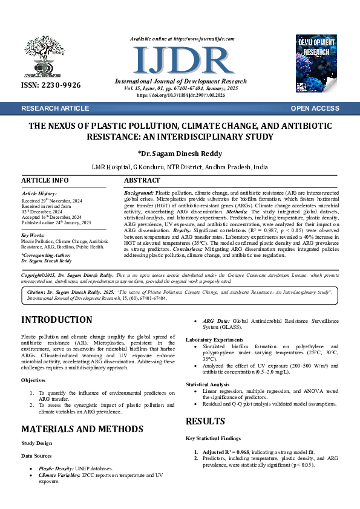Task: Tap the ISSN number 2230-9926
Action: (51, 86)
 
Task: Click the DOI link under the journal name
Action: (181, 96)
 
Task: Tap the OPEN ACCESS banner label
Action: (315, 108)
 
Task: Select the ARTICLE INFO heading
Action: (45, 180)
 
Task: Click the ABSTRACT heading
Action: (142, 180)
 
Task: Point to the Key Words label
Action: (33, 235)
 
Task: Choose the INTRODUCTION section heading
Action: (57, 320)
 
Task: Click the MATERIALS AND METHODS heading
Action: (82, 429)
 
